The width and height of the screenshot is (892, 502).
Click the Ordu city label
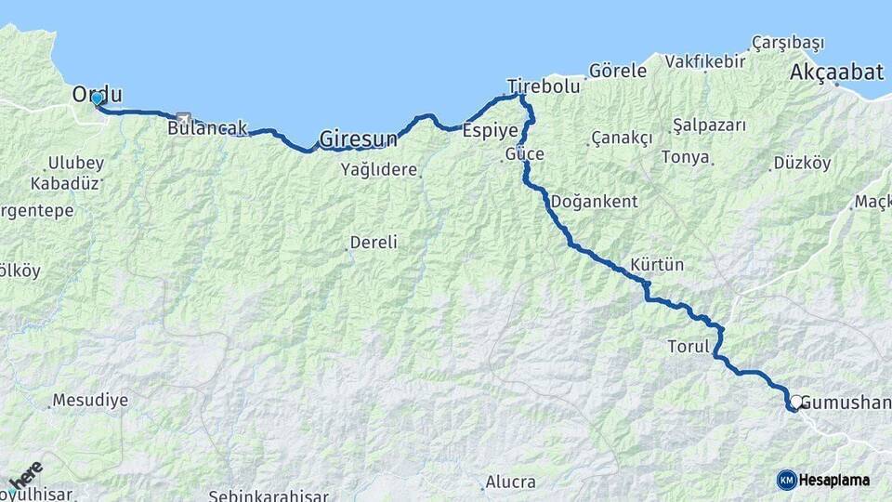[98, 93]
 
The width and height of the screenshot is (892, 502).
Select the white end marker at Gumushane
[795, 402]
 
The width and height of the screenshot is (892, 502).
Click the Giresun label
[358, 139]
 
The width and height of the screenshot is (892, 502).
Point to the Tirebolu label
[544, 86]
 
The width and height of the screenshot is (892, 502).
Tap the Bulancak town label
[207, 128]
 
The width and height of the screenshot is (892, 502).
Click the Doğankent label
[594, 201]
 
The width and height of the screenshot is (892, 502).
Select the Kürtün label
[656, 265]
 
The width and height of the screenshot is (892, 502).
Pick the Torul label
[689, 347]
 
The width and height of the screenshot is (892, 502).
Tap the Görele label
[617, 71]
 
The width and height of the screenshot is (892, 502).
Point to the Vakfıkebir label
[705, 61]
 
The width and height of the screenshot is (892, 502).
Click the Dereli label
[373, 243]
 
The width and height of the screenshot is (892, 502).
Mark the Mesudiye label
[87, 401]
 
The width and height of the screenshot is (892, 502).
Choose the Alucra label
[510, 482]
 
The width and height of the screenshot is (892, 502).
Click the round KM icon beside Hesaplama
[786, 480]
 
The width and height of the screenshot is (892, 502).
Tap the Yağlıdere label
[380, 169]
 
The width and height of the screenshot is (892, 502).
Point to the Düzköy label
[802, 163]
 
